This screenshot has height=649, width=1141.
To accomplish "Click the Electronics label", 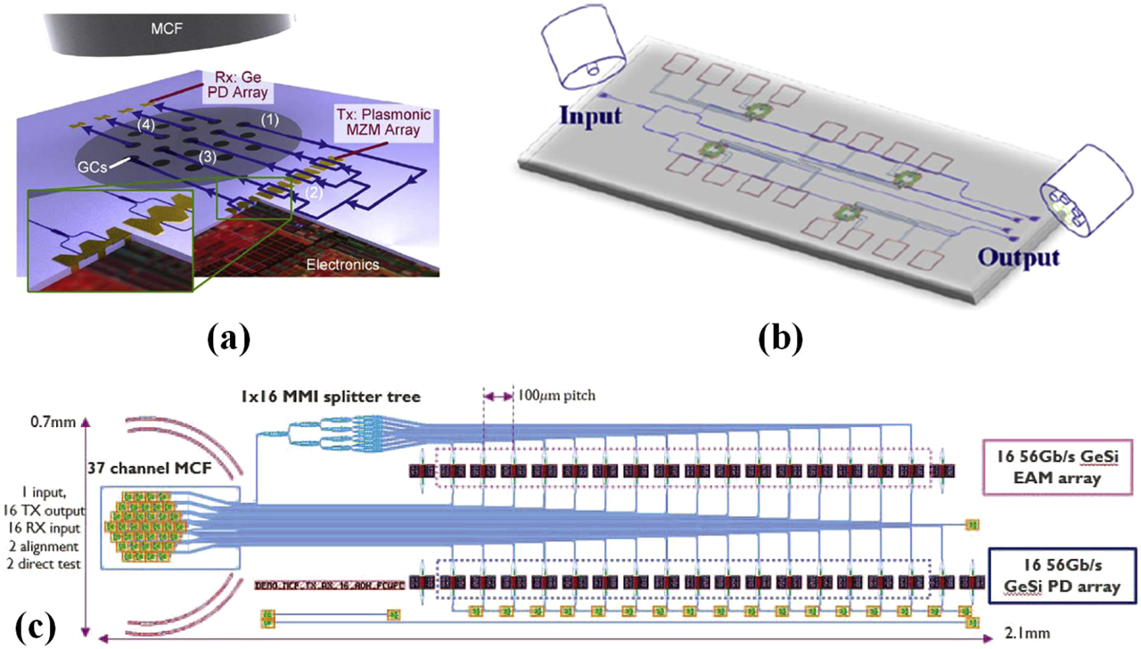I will [342, 265].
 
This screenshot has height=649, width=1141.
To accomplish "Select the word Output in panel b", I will [1019, 258].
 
